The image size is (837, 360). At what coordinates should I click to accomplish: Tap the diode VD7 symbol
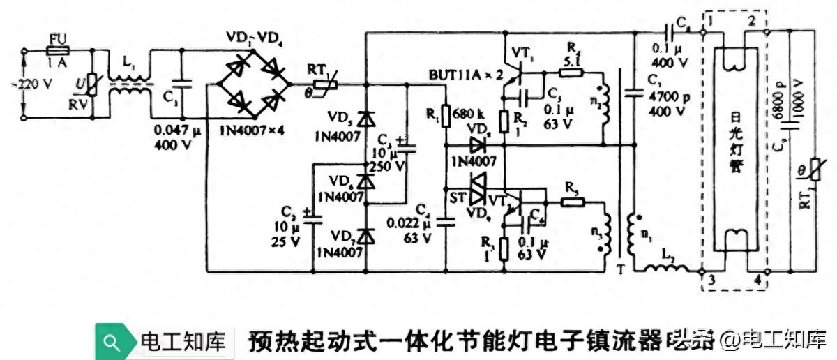pos(363,237)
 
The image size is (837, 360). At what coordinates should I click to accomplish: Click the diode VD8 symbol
pos(478,146)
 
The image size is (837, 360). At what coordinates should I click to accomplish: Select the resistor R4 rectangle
pos(572,78)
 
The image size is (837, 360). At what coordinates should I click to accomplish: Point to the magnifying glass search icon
pos(112,342)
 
